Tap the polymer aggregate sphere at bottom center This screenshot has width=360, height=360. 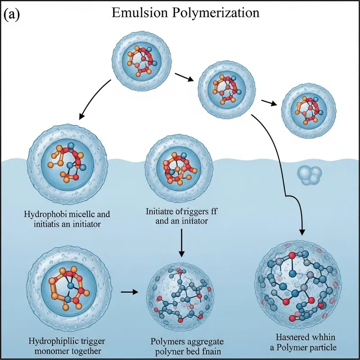pos(180,293)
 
